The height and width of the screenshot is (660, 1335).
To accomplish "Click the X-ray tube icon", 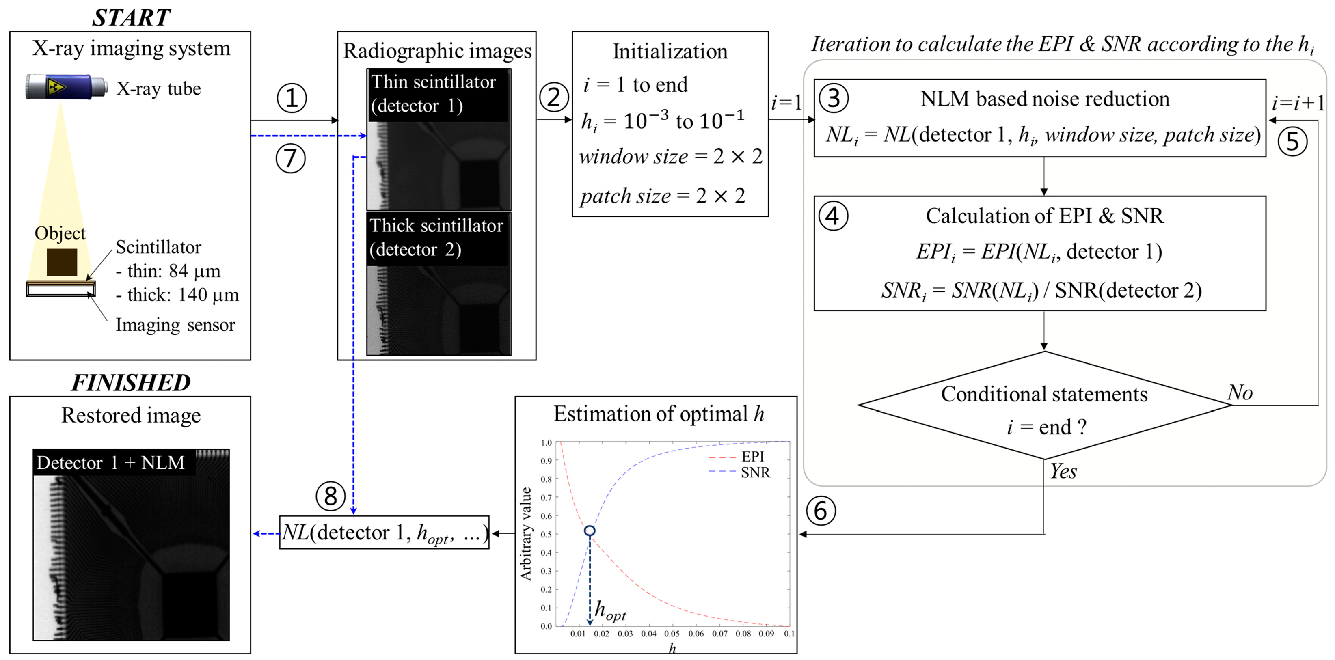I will pos(66,86).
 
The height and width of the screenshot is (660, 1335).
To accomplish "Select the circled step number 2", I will pos(553,97).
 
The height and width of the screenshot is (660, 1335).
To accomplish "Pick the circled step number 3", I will pos(833,98).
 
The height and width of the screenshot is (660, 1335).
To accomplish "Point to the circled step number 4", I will pos(833,216).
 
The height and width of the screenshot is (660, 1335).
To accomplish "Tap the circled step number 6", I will pos(821,511).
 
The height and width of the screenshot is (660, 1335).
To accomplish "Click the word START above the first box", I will pos(131,17).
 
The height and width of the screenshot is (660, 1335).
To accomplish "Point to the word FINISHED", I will pos(131,383).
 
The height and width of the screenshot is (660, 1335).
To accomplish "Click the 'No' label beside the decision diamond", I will pos(1240,393).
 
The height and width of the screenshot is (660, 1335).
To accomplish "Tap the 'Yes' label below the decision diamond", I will pos(1063,471).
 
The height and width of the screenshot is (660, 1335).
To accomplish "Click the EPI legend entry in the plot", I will pos(752,456).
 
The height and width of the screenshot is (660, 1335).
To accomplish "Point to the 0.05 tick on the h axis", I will pos(672,634).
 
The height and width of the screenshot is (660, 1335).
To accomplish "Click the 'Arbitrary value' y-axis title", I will pos(526,534).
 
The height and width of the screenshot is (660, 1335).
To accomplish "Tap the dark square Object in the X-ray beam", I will pos(62,262).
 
